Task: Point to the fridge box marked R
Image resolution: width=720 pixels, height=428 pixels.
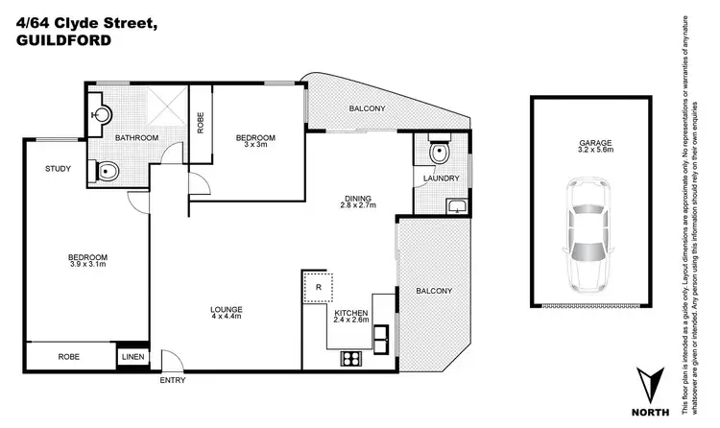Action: (318, 287)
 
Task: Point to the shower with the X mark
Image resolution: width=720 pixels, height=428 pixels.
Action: (161, 113)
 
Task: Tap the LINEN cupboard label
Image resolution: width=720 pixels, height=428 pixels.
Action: (132, 358)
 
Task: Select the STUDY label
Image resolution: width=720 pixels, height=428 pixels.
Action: (58, 170)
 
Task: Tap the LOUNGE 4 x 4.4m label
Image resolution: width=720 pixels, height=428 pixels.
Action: (227, 313)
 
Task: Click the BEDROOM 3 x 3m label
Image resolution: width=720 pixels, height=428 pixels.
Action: (256, 141)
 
